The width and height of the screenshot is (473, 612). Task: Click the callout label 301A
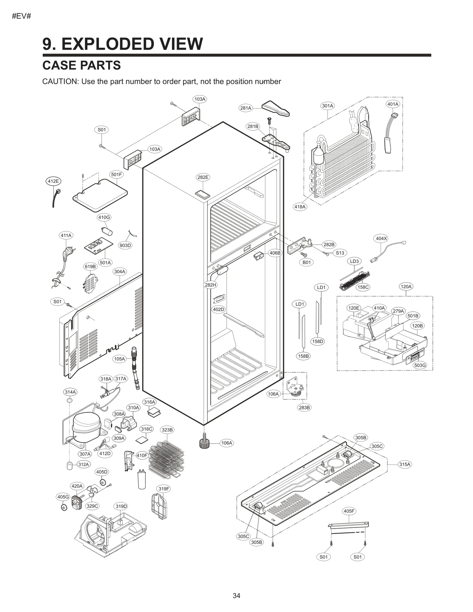click(x=327, y=106)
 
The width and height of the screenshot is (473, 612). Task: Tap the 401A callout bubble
click(x=393, y=104)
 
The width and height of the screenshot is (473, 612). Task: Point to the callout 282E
click(x=203, y=177)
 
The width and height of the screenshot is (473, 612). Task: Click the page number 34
click(x=236, y=595)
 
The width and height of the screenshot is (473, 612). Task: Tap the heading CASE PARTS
click(x=81, y=65)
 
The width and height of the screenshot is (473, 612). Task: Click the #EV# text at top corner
click(x=21, y=16)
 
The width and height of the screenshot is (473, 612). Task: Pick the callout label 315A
click(x=405, y=464)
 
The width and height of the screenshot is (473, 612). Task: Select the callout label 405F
click(x=349, y=511)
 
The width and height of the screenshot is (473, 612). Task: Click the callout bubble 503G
click(x=420, y=365)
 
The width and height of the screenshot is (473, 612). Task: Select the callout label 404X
click(x=381, y=238)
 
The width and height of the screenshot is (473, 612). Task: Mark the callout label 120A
click(x=406, y=286)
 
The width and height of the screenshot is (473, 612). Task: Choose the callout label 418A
click(x=300, y=207)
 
